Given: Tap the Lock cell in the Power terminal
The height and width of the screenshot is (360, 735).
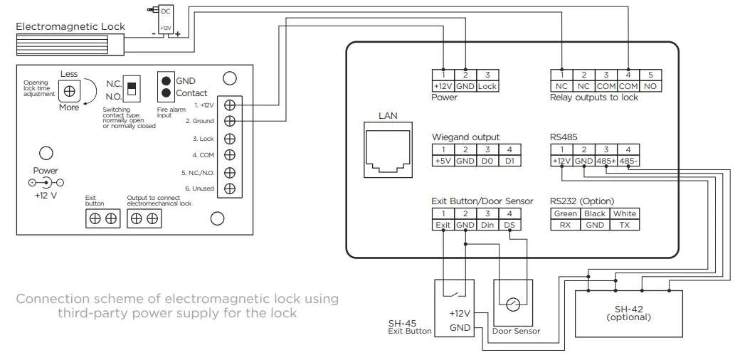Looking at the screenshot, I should (x=487, y=86).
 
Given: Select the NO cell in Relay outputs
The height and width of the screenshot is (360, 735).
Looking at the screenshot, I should (x=650, y=86).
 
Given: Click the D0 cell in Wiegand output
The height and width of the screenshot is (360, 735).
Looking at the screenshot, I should (x=487, y=162).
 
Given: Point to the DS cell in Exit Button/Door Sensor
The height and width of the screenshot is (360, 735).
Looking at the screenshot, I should (x=509, y=225).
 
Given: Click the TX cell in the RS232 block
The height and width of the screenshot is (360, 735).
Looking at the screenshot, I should (x=625, y=225).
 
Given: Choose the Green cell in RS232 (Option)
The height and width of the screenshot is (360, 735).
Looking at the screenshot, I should (x=565, y=213).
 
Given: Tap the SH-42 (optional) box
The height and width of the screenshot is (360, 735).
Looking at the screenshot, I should (x=629, y=313).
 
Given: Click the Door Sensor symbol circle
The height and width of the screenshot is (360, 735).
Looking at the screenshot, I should (x=513, y=305).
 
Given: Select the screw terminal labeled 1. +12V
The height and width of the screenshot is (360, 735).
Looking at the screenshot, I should (x=229, y=105).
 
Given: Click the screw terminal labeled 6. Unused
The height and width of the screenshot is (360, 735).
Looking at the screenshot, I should (x=229, y=189).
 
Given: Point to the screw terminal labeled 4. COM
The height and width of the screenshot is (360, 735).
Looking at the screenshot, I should (x=229, y=155).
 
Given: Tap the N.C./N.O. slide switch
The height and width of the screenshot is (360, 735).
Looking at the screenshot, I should (x=130, y=88).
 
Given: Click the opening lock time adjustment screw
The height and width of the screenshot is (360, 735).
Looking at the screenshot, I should (x=70, y=92).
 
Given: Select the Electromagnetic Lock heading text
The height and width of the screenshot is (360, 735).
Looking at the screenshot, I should (x=70, y=26).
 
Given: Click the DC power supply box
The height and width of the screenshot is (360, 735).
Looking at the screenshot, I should (x=165, y=20).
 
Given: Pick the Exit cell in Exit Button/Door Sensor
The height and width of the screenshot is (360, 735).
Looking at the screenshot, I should (x=443, y=225).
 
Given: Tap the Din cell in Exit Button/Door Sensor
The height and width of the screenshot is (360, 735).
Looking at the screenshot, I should (x=487, y=225).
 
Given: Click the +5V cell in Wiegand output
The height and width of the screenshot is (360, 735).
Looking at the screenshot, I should (x=443, y=162).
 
